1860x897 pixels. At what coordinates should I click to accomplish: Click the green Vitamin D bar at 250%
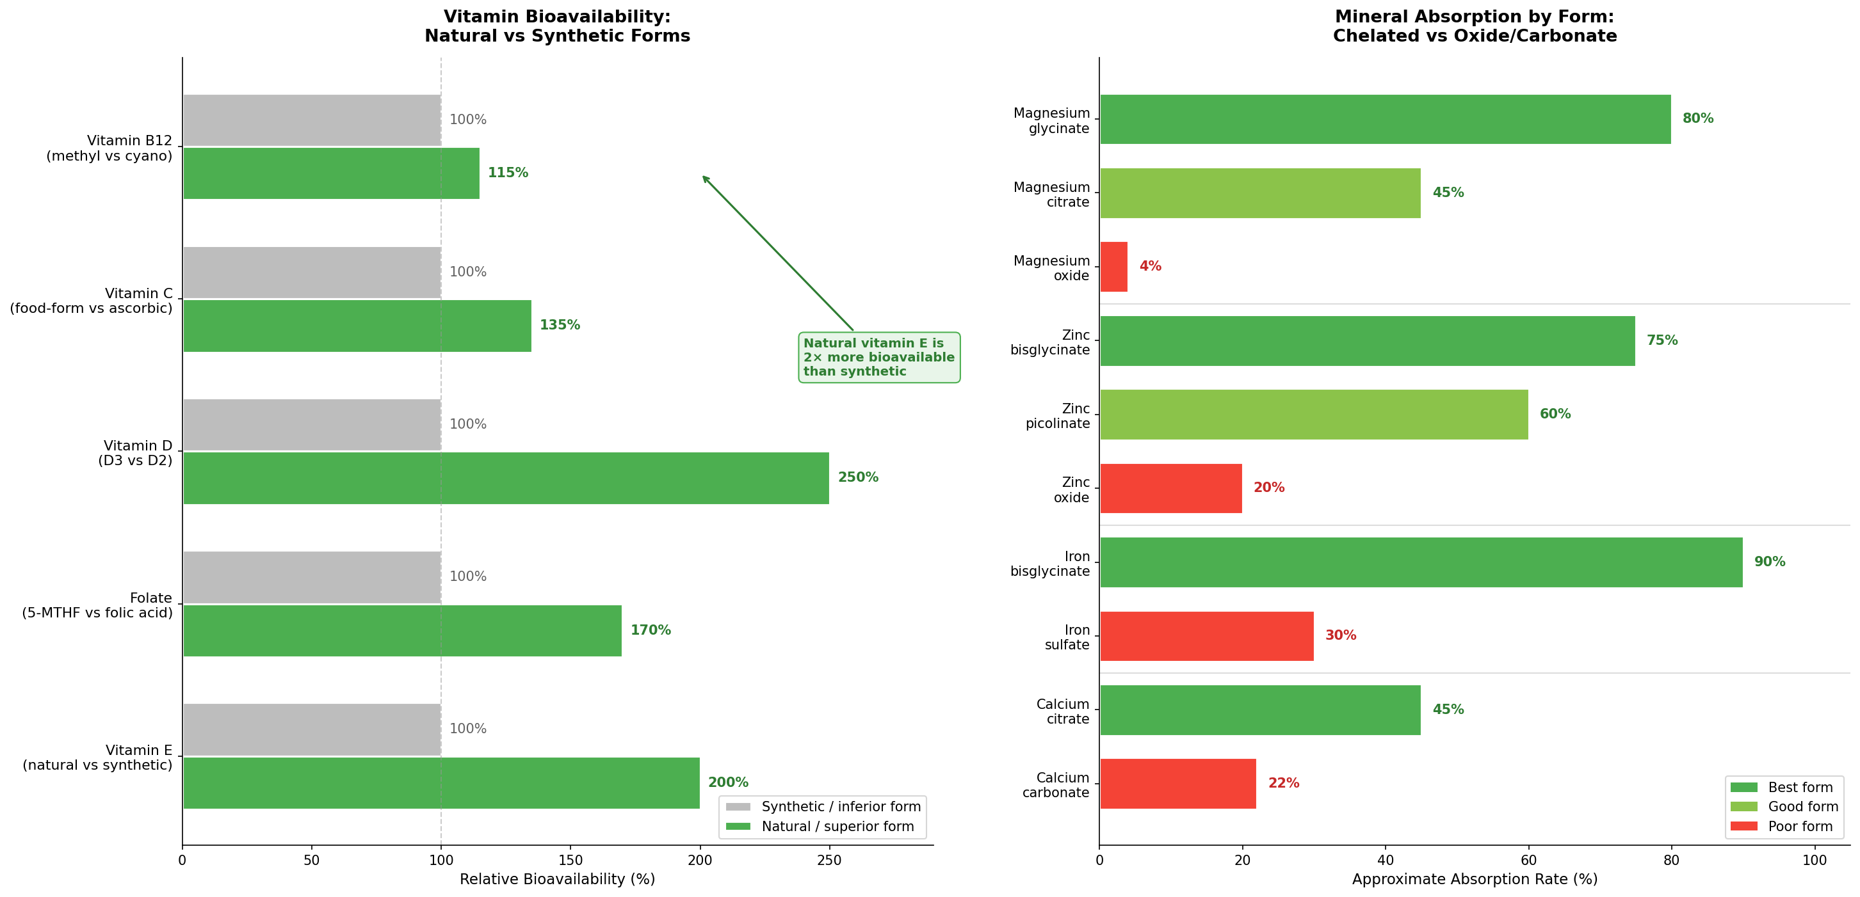click(x=505, y=478)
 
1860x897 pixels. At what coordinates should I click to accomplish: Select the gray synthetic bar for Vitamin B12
click(x=312, y=120)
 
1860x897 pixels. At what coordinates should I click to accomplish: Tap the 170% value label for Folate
click(x=650, y=630)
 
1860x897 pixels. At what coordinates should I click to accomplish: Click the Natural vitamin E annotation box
click(x=878, y=357)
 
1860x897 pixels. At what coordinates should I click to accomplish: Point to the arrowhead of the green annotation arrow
click(x=704, y=177)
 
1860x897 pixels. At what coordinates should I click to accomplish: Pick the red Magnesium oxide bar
click(x=1113, y=266)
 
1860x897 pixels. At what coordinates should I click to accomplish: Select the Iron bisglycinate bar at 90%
click(x=1420, y=562)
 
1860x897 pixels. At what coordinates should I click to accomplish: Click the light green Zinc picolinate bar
click(x=1313, y=414)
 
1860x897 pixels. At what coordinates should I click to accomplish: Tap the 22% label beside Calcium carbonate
click(x=1283, y=783)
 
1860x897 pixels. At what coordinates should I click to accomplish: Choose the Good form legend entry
click(x=1783, y=807)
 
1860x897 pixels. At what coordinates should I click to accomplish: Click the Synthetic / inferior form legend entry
click(x=823, y=807)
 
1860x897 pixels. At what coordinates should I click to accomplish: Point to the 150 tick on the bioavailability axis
click(x=570, y=860)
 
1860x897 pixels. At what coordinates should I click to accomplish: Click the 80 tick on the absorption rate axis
click(x=1671, y=860)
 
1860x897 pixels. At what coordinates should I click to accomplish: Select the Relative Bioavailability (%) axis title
click(x=556, y=879)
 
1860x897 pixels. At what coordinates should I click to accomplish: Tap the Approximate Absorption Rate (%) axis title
click(x=1474, y=879)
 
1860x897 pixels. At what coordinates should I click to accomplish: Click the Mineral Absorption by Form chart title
click(x=1474, y=26)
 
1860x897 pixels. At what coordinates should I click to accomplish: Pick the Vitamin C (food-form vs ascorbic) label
click(x=91, y=301)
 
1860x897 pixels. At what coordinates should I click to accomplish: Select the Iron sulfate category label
click(x=1067, y=637)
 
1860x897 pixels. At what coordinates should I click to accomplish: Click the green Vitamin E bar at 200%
click(x=441, y=783)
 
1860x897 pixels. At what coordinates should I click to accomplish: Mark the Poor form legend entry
click(x=1783, y=826)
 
